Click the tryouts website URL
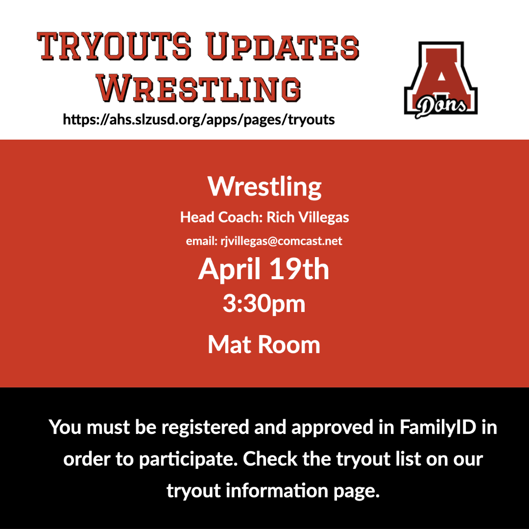pyautogui.click(x=199, y=119)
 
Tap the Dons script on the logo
pyautogui.click(x=441, y=105)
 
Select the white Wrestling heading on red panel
pyautogui.click(x=264, y=186)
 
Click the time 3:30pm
pyautogui.click(x=264, y=303)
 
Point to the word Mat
pyautogui.click(x=229, y=344)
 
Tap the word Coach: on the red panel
pyautogui.click(x=240, y=217)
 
